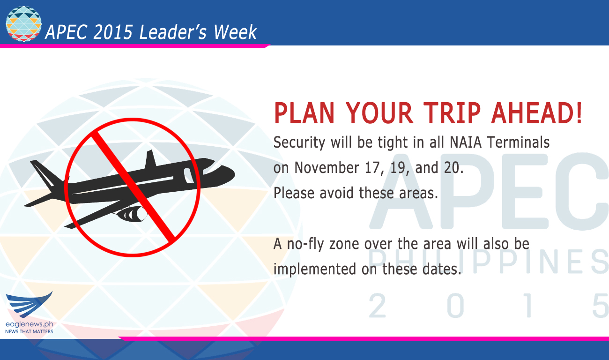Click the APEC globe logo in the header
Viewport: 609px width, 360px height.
[23, 24]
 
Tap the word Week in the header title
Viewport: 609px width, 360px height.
[235, 32]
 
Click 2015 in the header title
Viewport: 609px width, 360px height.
[113, 32]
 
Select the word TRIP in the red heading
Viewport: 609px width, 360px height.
[452, 113]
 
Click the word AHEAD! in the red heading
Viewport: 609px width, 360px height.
[536, 113]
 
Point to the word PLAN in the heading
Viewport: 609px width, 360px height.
[304, 113]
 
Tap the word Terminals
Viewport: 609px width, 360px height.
[518, 142]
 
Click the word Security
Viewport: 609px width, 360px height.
[299, 143]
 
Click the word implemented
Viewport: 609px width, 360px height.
[314, 270]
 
